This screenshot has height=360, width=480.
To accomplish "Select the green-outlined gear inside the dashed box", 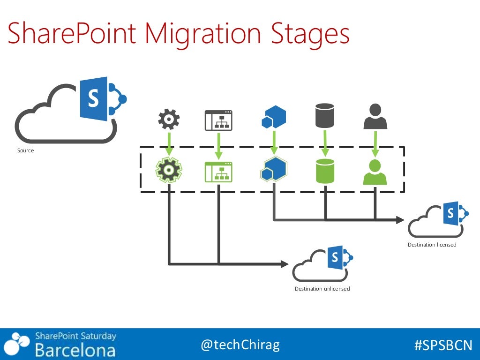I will [x=169, y=170].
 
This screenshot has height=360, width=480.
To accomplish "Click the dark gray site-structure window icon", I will [x=218, y=120].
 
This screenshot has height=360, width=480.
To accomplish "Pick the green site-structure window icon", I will [x=218, y=171].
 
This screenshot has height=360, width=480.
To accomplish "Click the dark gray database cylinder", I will [x=324, y=116].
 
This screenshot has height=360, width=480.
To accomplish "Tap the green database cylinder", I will [x=324, y=171].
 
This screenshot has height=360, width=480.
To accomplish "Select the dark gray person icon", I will [x=375, y=116].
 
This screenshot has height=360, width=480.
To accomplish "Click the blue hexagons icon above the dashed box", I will [x=274, y=117].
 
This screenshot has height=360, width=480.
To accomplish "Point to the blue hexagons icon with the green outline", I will [x=274, y=169].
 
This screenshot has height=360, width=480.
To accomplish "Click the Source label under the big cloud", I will [x=26, y=150].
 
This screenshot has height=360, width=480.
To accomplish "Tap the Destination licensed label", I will [x=432, y=245].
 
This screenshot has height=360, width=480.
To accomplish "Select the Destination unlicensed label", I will [x=322, y=289].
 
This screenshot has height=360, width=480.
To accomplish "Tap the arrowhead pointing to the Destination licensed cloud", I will [x=400, y=219].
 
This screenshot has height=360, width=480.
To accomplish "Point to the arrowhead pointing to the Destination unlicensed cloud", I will [x=284, y=264].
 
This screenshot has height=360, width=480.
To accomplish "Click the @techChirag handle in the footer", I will [x=240, y=345].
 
